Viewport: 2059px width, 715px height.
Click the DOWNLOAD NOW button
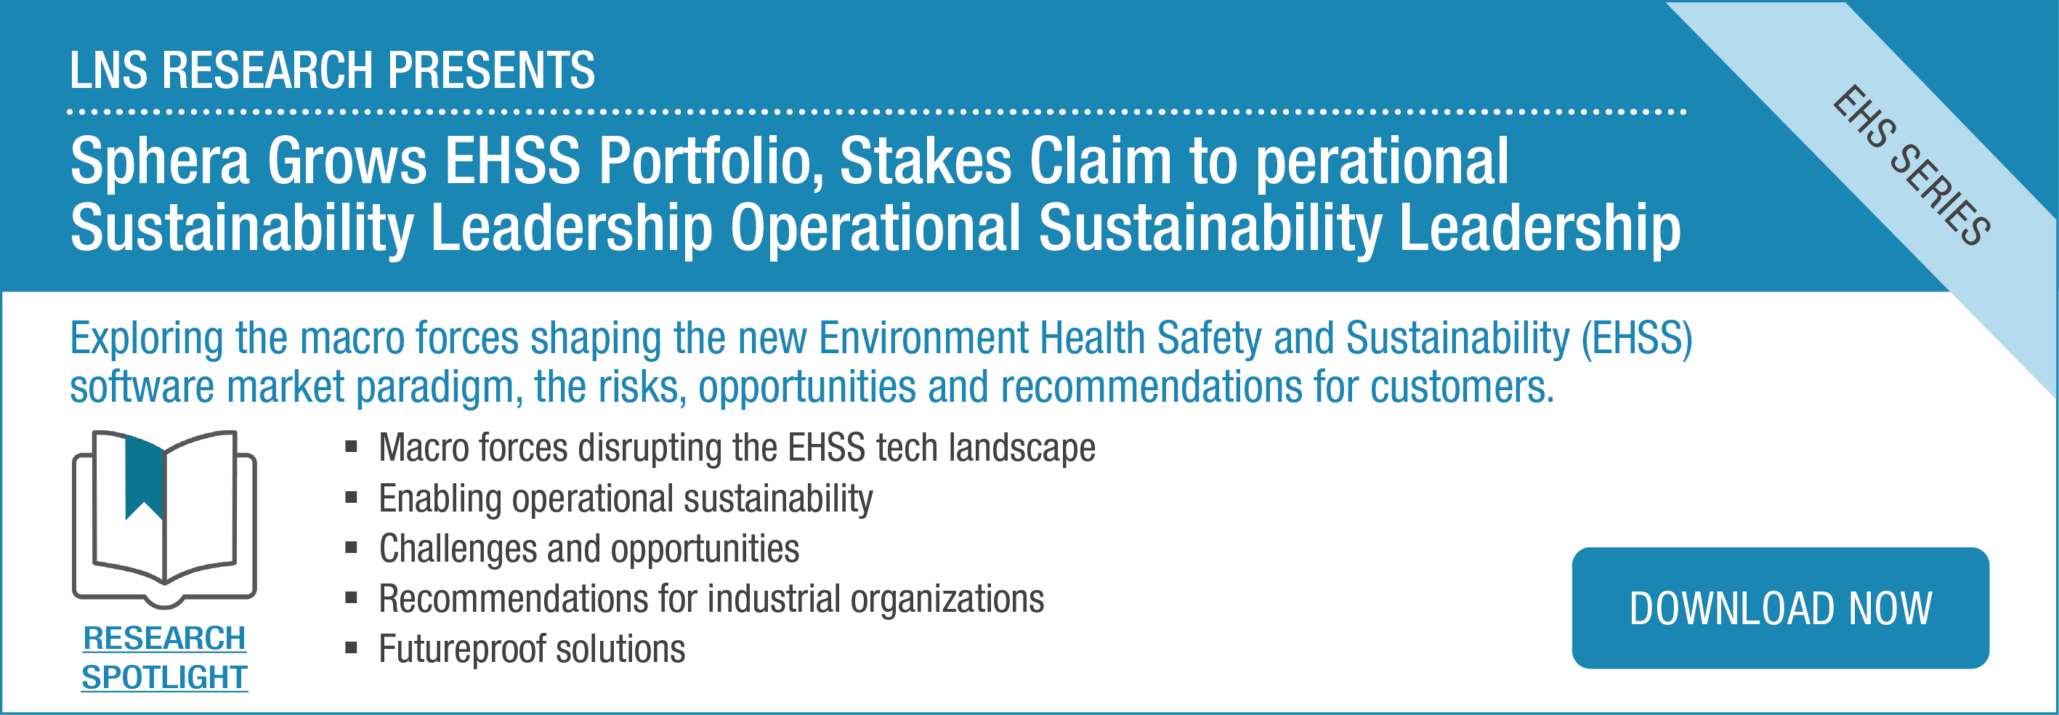point(1780,608)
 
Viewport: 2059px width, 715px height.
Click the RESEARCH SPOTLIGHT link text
point(165,658)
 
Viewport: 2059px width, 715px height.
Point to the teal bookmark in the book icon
point(145,480)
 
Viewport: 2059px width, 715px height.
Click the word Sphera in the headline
point(160,162)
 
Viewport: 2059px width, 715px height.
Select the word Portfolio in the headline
point(711,162)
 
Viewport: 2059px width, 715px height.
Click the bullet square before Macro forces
point(351,445)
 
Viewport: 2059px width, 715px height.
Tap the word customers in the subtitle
point(1462,387)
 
